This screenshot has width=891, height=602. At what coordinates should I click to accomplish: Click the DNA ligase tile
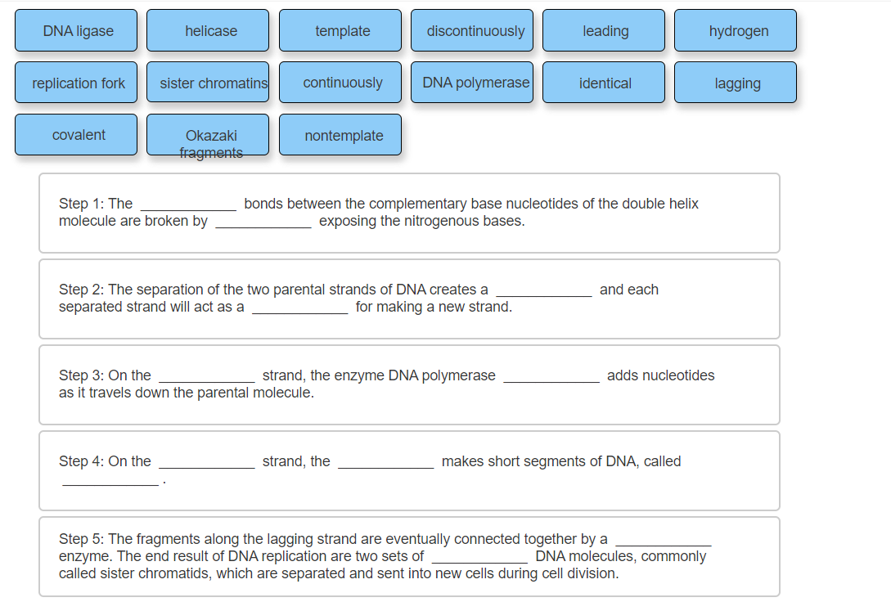[79, 31]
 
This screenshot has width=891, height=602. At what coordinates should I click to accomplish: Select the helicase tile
[210, 31]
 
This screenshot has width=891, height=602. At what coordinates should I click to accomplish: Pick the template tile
[342, 31]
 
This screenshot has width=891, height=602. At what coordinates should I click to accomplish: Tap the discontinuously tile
[475, 31]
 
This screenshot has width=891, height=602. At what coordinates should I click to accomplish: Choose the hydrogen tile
[738, 31]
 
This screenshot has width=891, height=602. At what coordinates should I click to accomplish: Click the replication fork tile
[79, 83]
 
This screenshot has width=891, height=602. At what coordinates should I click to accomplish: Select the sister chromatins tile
[210, 83]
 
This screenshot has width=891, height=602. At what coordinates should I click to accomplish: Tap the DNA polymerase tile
[475, 83]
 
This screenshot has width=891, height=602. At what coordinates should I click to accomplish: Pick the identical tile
[605, 83]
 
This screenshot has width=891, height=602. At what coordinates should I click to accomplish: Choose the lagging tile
[738, 83]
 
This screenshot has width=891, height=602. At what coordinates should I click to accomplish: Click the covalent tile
[79, 135]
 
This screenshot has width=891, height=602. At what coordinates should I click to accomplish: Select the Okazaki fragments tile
[210, 135]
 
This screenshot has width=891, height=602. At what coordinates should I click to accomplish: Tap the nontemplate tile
[342, 135]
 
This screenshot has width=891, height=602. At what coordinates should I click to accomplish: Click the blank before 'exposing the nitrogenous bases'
[263, 222]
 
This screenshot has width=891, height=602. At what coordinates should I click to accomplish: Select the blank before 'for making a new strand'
[299, 308]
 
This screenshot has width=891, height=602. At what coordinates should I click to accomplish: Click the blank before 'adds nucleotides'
[551, 376]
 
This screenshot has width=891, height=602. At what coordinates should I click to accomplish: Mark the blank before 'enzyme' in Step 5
[663, 540]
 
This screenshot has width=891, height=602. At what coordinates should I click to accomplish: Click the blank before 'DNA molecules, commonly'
[479, 557]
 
